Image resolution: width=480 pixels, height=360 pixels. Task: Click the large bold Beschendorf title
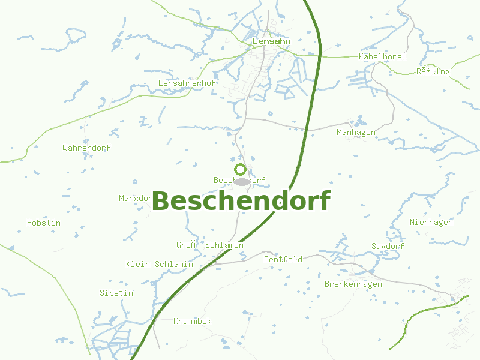pyautogui.click(x=241, y=202)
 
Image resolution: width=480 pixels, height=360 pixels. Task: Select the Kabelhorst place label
pyautogui.click(x=382, y=56)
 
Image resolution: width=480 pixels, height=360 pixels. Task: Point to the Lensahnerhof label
pyautogui.click(x=187, y=83)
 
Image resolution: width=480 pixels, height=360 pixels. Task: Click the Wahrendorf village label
pyautogui.click(x=86, y=148)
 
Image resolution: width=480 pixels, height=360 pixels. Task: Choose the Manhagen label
pyautogui.click(x=356, y=132)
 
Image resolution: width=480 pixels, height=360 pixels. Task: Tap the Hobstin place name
pyautogui.click(x=44, y=223)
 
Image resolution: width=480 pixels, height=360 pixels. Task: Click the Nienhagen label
pyautogui.click(x=431, y=222)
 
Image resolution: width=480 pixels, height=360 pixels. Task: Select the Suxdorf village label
pyautogui.click(x=388, y=246)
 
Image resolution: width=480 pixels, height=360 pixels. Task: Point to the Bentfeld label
pyautogui.click(x=283, y=259)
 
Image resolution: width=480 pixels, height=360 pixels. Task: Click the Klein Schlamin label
pyautogui.click(x=160, y=264)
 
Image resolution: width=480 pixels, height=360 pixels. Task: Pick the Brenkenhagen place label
pyautogui.click(x=353, y=284)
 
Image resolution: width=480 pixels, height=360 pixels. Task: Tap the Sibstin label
pyautogui.click(x=116, y=293)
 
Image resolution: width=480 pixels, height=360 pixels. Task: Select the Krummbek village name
pyautogui.click(x=192, y=321)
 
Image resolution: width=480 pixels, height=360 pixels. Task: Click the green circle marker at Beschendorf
pyautogui.click(x=241, y=169)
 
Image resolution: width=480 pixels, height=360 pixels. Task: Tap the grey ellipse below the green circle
pyautogui.click(x=241, y=181)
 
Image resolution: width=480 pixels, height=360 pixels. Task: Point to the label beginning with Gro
pyautogui.click(x=209, y=245)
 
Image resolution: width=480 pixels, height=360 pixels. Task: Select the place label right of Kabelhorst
pyautogui.click(x=433, y=71)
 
